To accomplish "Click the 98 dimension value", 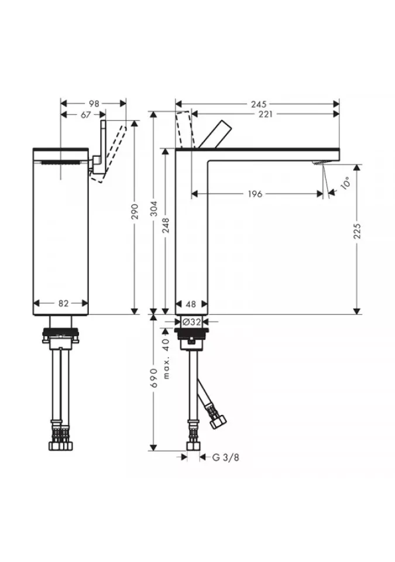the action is point(94,104).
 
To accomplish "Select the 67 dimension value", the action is point(85,115).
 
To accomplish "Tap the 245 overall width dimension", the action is point(259,104).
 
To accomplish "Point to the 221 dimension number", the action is point(265,114).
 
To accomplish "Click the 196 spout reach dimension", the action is point(255,194).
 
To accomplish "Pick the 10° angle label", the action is point(345,183).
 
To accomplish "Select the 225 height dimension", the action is point(356,231).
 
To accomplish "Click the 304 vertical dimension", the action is point(153,208).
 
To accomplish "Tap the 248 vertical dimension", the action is point(166,225).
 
